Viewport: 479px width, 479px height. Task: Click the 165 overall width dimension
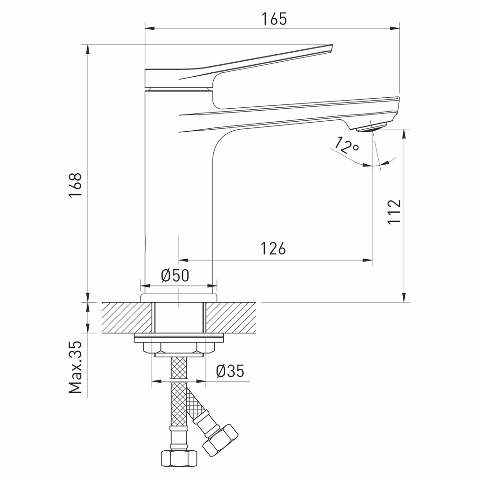coord(274,19)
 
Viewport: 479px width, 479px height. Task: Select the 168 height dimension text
coord(76,186)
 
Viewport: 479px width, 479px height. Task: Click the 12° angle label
coord(347,146)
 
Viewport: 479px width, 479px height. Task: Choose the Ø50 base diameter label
coord(175,276)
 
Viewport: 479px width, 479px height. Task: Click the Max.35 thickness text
coord(76,367)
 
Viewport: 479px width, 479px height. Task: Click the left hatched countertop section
coord(127,318)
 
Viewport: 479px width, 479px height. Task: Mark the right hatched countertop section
coord(233,318)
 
